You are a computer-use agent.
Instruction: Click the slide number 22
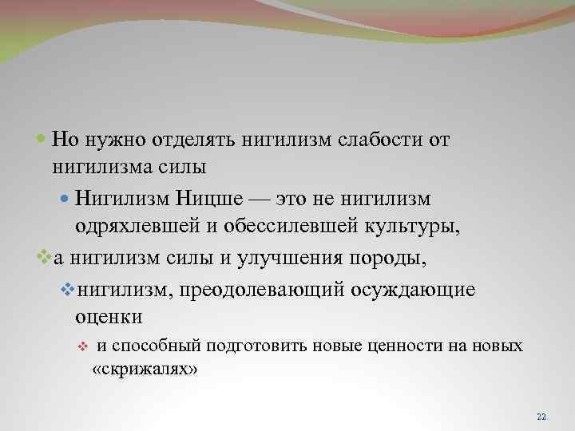pyautogui.click(x=541, y=417)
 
